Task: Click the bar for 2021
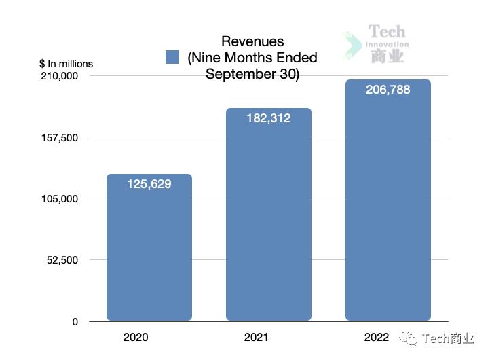(269, 224)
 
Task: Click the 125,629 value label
(149, 184)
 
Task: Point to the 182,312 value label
(268, 118)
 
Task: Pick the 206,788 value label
(388, 89)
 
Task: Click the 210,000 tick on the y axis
(60, 76)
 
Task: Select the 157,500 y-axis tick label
(60, 138)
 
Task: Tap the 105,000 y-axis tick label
(60, 199)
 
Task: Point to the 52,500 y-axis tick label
(62, 260)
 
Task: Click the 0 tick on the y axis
(75, 322)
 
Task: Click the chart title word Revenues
(252, 42)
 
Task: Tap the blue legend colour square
(172, 57)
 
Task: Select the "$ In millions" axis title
(67, 64)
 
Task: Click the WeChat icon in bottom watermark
(407, 338)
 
